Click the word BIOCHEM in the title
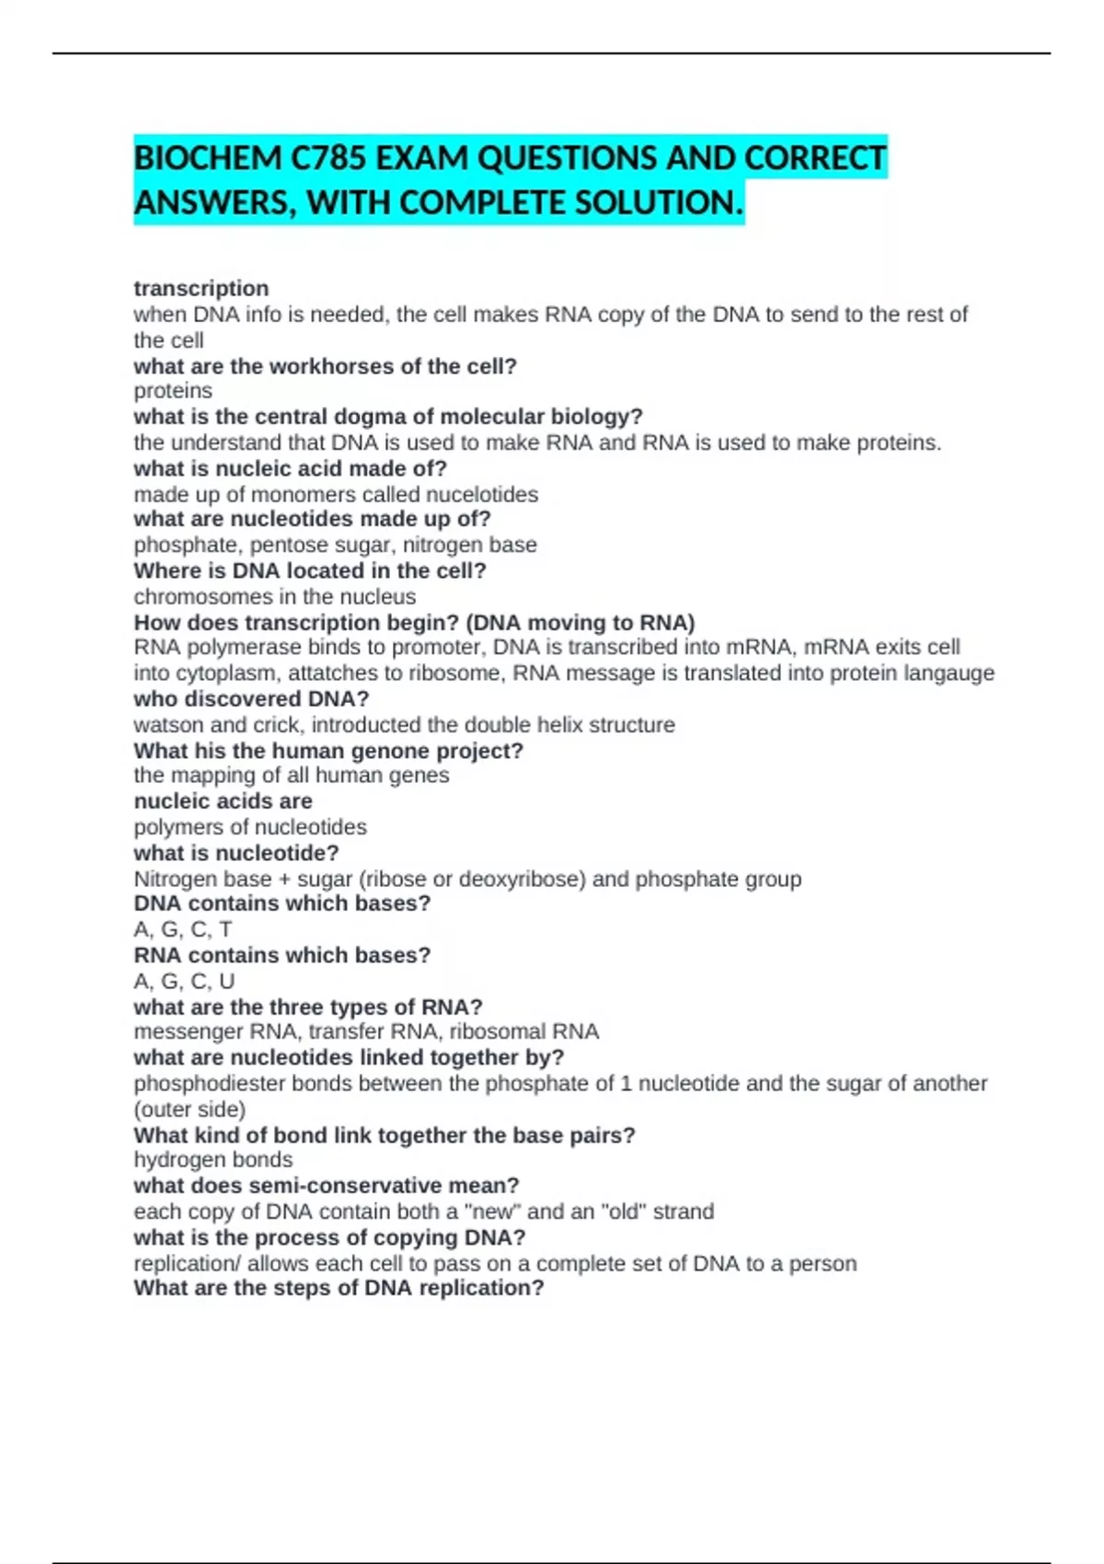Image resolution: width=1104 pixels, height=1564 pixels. click(208, 159)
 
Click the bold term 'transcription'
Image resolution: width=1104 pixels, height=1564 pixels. click(201, 289)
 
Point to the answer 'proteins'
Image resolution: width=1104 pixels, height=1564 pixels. click(173, 391)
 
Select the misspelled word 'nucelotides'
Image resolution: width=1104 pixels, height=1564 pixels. click(482, 495)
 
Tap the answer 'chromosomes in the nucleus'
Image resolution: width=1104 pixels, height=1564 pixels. click(274, 597)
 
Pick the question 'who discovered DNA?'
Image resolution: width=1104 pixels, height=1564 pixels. click(251, 699)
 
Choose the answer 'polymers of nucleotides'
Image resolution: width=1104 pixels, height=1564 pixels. click(250, 827)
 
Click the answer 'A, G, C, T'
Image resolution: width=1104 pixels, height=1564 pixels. click(183, 930)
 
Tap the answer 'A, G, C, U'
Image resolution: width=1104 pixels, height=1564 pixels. click(184, 982)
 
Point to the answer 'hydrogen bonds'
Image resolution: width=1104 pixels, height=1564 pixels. click(213, 1160)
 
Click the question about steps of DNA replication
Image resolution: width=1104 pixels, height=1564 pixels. click(339, 1288)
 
